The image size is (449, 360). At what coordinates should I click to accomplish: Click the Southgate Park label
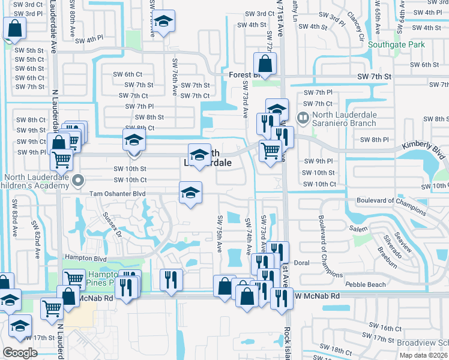point(396,44)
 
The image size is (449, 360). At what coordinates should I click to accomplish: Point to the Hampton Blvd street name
point(85,257)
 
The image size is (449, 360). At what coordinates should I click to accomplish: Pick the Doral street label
point(301,263)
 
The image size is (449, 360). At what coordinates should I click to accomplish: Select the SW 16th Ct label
point(385,328)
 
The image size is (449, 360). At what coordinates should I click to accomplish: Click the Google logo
point(20,353)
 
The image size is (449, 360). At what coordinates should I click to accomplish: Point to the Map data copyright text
point(424,355)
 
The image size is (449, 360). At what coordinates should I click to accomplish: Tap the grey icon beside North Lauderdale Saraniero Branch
point(304,118)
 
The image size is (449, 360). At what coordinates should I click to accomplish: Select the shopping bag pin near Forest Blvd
point(264,63)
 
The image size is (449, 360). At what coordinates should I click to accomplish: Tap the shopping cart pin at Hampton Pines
point(74,279)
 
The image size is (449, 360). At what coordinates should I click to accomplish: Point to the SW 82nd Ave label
point(36,237)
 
